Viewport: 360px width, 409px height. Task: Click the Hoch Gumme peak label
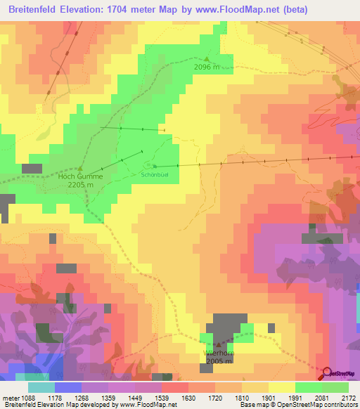point(79,176)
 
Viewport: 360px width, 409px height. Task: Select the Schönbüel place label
point(155,174)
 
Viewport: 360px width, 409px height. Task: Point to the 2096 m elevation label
point(207,67)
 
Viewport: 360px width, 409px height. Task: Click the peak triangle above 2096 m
point(207,59)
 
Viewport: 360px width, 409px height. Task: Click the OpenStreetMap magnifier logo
point(326,374)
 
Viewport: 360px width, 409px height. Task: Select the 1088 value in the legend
point(36,397)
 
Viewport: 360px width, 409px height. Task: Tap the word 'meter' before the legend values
point(13,397)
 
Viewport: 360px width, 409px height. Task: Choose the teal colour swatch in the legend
point(41,387)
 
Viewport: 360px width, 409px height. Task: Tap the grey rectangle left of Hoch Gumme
point(32,169)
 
